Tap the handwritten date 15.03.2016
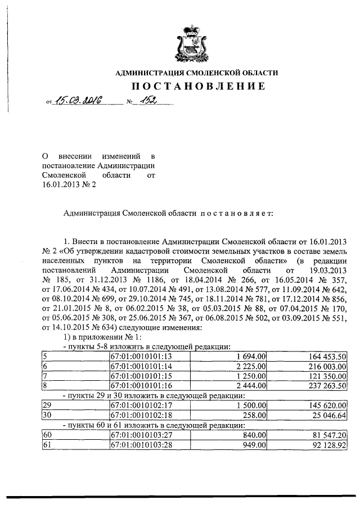(x=76, y=101)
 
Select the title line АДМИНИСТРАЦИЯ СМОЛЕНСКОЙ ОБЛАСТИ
(x=196, y=73)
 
